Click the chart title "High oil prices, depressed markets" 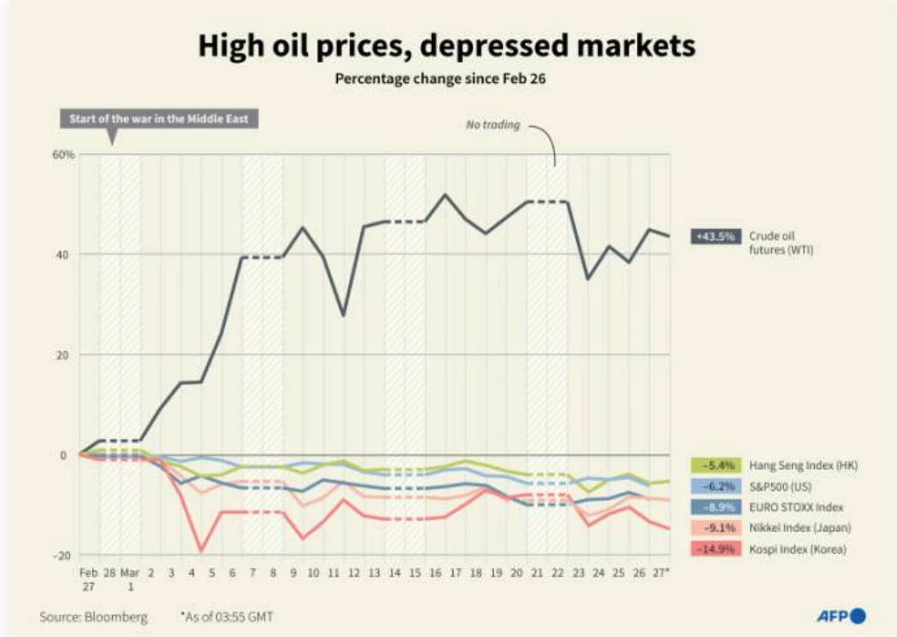(446, 46)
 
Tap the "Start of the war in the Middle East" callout (159, 119)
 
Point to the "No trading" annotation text (493, 125)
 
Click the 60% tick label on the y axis (64, 155)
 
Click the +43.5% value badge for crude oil (716, 236)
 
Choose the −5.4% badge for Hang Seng (716, 465)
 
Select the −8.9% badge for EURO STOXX (716, 507)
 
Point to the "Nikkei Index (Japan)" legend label (800, 528)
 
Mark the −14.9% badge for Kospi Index (716, 550)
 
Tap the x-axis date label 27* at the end (660, 573)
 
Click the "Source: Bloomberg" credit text (93, 617)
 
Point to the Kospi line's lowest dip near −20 (201, 551)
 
